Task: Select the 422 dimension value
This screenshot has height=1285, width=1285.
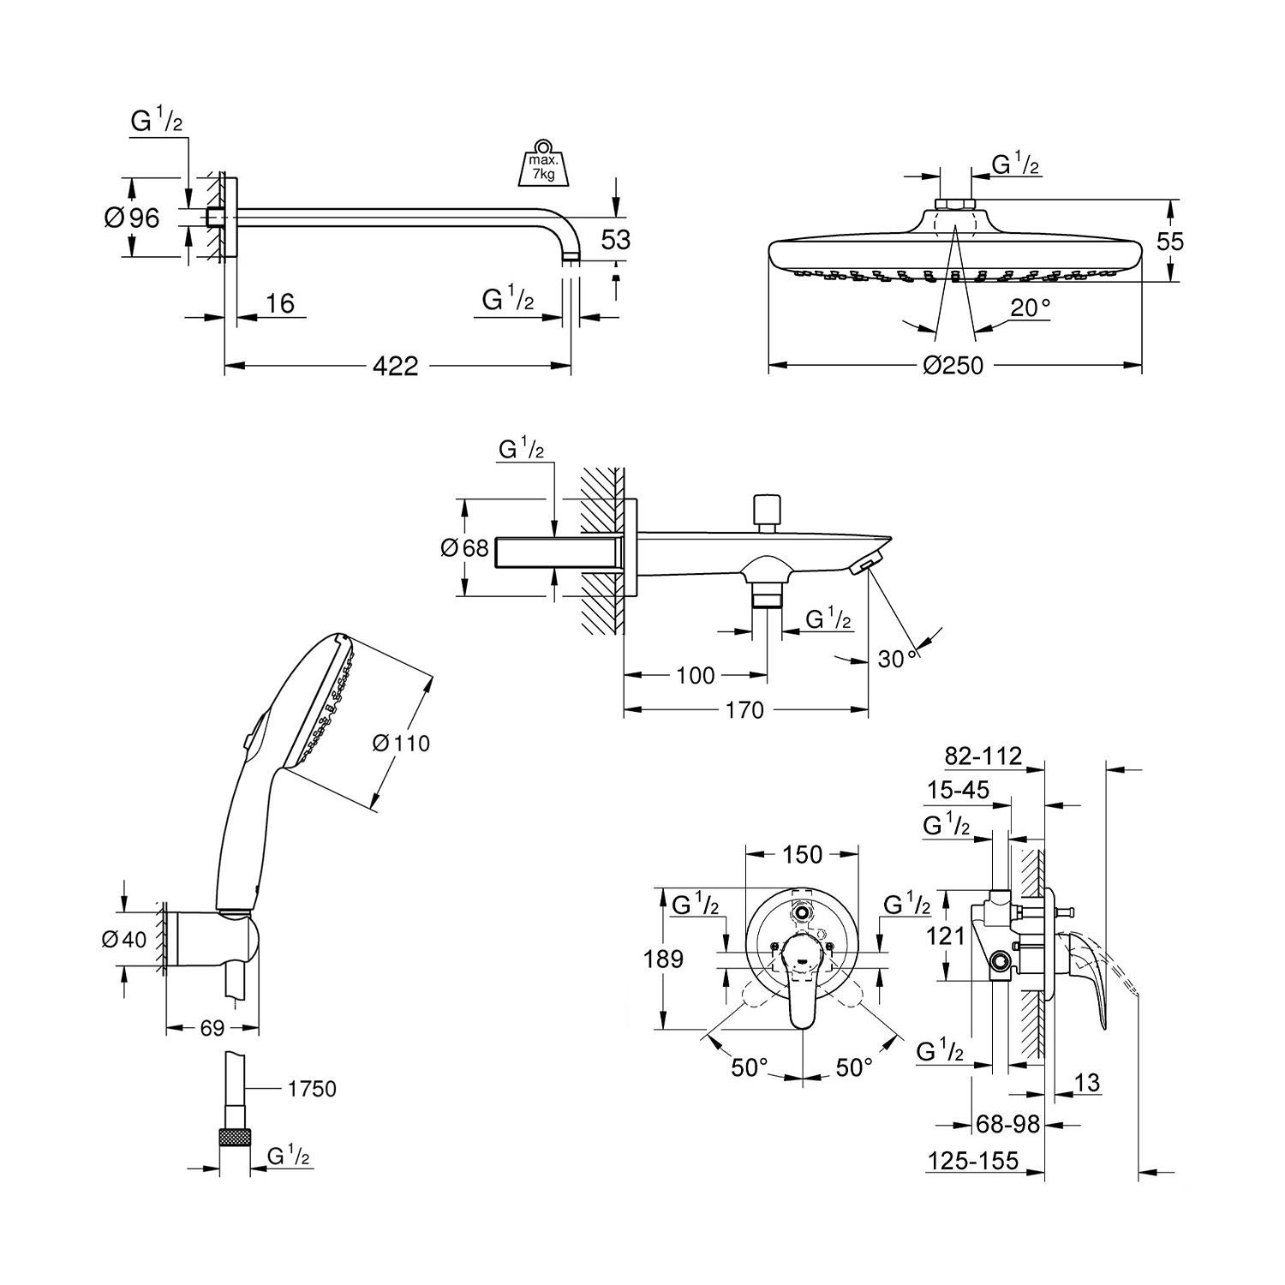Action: pyautogui.click(x=396, y=367)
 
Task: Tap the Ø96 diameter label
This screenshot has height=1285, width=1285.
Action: pyautogui.click(x=133, y=218)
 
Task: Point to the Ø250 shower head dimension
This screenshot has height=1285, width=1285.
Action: pyautogui.click(x=953, y=367)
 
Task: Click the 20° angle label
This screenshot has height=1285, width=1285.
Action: pyautogui.click(x=1031, y=308)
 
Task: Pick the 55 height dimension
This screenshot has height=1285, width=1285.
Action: pyautogui.click(x=1169, y=242)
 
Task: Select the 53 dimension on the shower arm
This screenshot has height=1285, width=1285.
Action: pyautogui.click(x=615, y=240)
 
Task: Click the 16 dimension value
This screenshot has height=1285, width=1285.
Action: pyautogui.click(x=279, y=303)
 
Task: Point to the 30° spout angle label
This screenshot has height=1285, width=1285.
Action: pyautogui.click(x=897, y=659)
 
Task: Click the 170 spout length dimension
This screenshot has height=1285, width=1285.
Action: pyautogui.click(x=744, y=709)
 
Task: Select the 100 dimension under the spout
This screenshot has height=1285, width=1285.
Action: pyautogui.click(x=695, y=676)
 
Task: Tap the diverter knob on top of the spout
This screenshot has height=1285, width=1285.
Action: pyautogui.click(x=764, y=510)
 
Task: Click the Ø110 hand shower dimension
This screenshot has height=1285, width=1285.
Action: pyautogui.click(x=402, y=743)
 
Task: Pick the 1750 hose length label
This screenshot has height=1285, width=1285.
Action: pyautogui.click(x=312, y=1089)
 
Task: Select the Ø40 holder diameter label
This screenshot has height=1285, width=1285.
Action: pyautogui.click(x=123, y=939)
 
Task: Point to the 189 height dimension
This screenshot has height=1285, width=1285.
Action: pyautogui.click(x=664, y=959)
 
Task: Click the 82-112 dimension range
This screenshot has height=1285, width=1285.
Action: pyautogui.click(x=983, y=756)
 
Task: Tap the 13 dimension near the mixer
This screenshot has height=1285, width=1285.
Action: pyautogui.click(x=1086, y=1082)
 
